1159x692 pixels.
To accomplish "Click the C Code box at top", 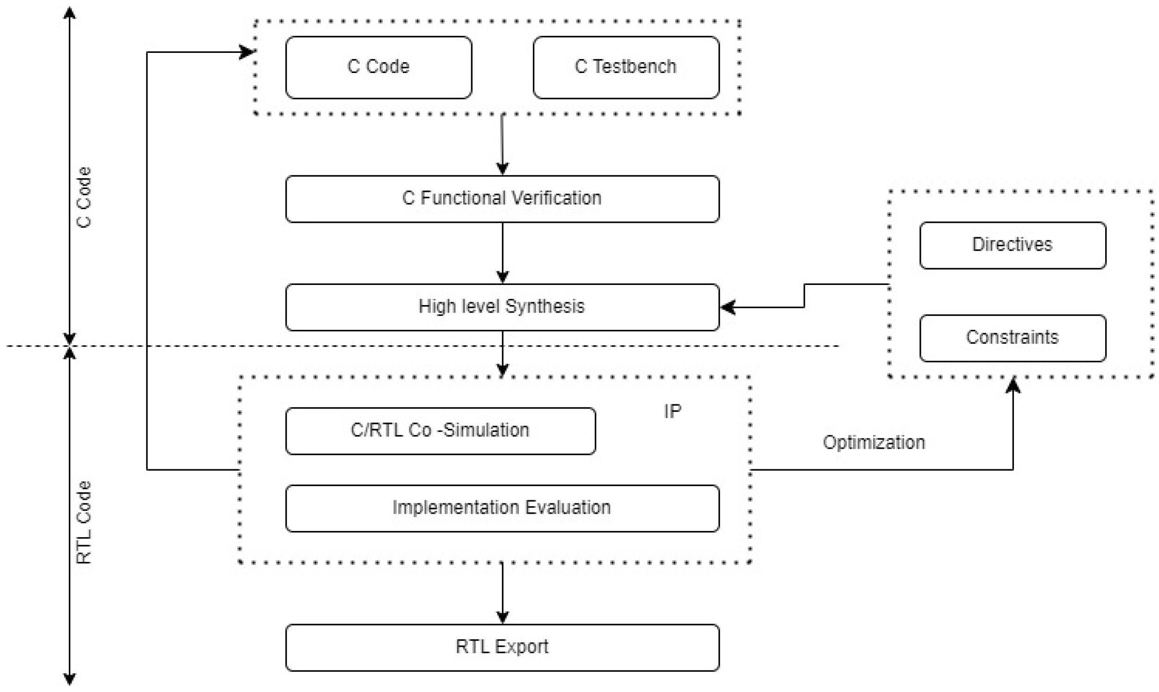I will click(378, 67).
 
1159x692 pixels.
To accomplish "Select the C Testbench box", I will click(626, 67).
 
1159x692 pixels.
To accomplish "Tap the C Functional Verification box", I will click(502, 198).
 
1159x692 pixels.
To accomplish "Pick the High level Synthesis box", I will click(502, 307).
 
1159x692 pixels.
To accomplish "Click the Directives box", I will click(1012, 245).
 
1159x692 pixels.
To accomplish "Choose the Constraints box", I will click(1012, 338).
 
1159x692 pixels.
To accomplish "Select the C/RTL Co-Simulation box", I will click(440, 430).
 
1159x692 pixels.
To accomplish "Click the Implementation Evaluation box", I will click(502, 508).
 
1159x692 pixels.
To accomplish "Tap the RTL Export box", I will click(502, 647).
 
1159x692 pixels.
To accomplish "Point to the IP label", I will click(672, 411).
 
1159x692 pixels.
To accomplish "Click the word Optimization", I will click(874, 443).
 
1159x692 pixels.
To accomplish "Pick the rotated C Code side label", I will click(84, 197).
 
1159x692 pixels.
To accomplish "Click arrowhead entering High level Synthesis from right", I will click(727, 307).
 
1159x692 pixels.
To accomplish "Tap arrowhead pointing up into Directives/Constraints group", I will click(1013, 385).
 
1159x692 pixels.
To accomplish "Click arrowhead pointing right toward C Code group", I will click(247, 52).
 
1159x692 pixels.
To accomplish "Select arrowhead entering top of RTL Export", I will click(502, 618).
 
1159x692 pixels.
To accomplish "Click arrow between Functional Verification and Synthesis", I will click(502, 253).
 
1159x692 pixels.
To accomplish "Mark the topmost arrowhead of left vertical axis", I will click(69, 13).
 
